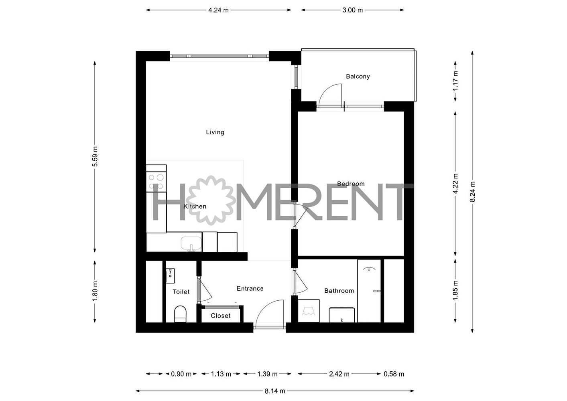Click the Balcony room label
coord(358,77)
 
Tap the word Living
coord(215,132)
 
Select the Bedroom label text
coord(351,184)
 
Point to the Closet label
coord(220,316)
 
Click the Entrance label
coord(250,288)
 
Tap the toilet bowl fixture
coord(180,314)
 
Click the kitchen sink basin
coord(191,244)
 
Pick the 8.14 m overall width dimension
coord(275,391)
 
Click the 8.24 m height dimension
coord(472,192)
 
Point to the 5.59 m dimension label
coord(95,156)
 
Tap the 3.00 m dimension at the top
coord(352,10)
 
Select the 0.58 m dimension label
coord(394,374)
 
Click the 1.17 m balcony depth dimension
coord(455,81)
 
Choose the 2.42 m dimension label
coord(339,374)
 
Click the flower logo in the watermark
coord(212,200)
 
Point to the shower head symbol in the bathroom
coord(369,269)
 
